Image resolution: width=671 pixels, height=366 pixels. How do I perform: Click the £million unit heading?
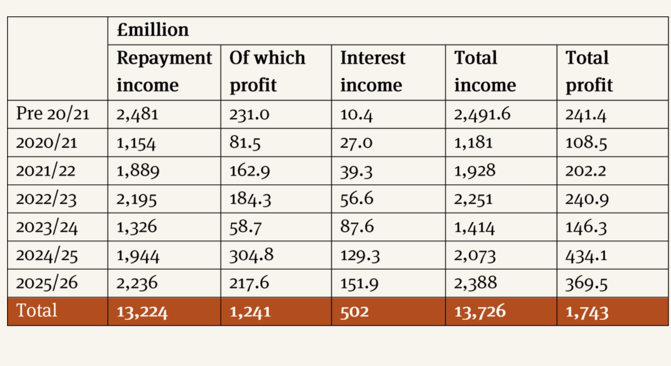click(153, 30)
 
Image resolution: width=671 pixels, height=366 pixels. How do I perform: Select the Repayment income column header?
click(164, 71)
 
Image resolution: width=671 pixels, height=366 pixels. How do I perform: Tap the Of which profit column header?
click(267, 71)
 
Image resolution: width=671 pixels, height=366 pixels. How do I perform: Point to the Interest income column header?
click(373, 71)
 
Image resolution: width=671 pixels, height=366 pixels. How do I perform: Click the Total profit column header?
click(589, 71)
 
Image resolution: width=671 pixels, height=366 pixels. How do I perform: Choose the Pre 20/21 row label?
click(53, 114)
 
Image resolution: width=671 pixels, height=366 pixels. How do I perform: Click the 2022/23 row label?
click(46, 199)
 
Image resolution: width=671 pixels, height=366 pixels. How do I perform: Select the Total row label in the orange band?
click(37, 310)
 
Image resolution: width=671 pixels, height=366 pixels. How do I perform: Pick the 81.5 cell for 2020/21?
click(245, 143)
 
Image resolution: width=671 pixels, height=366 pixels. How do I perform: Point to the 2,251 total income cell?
click(473, 199)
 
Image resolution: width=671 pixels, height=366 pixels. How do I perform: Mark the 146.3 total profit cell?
click(586, 227)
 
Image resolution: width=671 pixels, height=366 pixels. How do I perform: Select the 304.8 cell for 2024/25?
click(252, 255)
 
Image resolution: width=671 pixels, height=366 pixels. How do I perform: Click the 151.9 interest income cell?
click(359, 283)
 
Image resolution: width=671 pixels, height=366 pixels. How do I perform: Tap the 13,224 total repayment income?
click(142, 312)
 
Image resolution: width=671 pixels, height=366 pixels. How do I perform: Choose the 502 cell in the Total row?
click(355, 312)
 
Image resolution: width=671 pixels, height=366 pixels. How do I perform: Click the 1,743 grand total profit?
click(587, 312)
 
